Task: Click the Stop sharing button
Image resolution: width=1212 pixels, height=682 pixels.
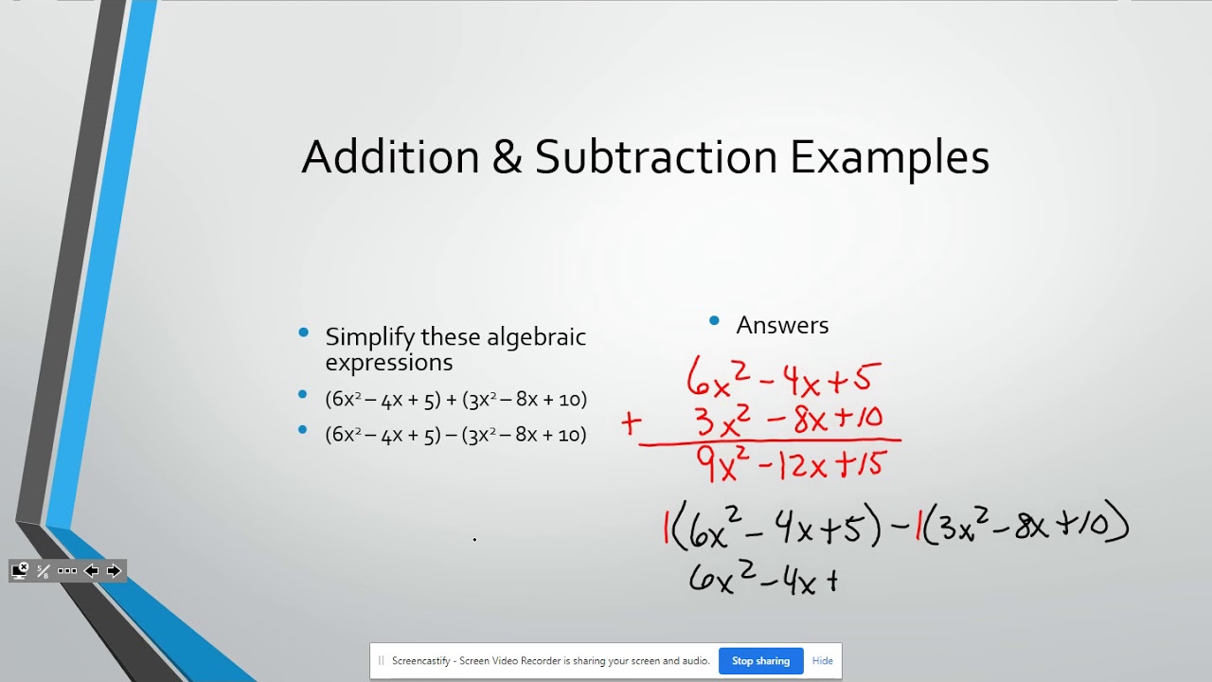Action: click(760, 661)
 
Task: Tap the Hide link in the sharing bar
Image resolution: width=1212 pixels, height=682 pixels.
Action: click(822, 661)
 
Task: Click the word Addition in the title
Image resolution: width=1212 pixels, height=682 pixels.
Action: click(390, 157)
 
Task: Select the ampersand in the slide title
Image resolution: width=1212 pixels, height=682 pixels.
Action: click(507, 158)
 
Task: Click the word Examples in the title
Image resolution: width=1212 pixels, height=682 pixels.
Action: click(889, 158)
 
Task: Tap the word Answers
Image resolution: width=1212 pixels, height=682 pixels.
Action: click(782, 325)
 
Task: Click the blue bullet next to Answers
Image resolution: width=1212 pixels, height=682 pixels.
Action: click(714, 322)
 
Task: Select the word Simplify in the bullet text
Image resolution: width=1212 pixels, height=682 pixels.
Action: click(369, 337)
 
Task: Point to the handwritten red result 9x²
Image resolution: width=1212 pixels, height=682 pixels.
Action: click(722, 463)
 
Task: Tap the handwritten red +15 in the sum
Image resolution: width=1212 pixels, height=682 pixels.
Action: click(859, 463)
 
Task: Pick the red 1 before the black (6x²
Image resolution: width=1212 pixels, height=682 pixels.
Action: click(667, 527)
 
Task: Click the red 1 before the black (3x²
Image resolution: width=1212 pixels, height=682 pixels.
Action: click(918, 527)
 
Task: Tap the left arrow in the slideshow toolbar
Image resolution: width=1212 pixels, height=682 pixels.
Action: click(92, 570)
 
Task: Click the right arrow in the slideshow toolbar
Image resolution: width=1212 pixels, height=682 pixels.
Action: click(115, 570)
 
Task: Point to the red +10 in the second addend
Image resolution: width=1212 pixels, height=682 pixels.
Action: click(860, 417)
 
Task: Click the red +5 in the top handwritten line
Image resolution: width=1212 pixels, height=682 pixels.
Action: click(855, 379)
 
